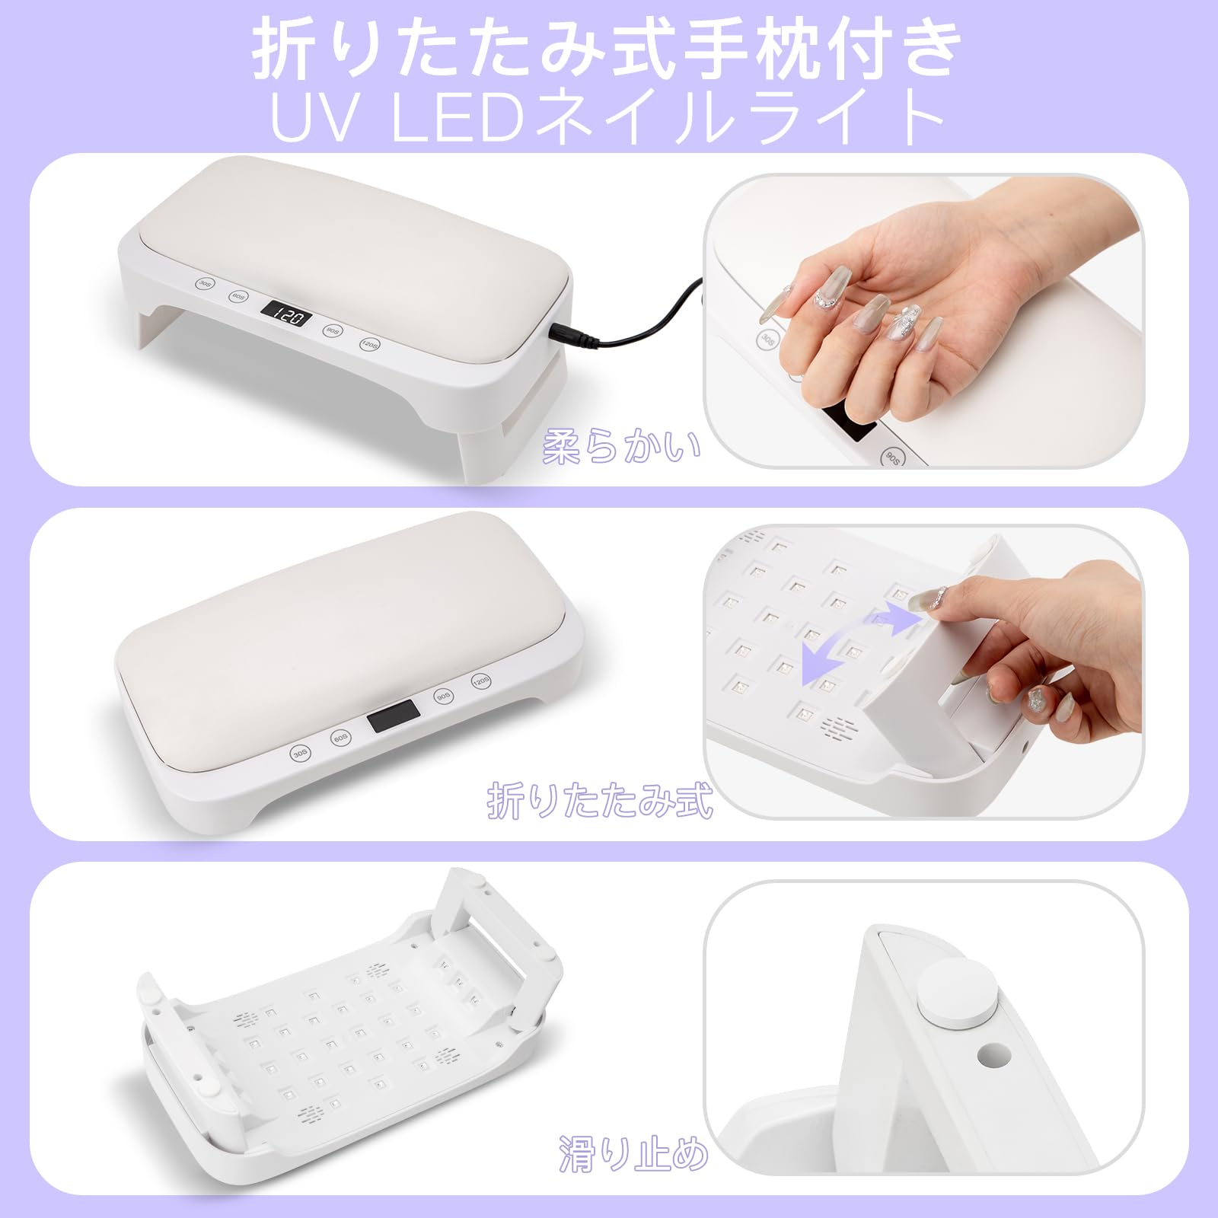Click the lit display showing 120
(286, 313)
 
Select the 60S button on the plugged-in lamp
(238, 296)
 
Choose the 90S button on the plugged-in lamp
(333, 330)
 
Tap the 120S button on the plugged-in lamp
(370, 344)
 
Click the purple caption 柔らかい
(621, 447)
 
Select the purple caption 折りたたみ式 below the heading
(600, 800)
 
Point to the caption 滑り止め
(633, 1153)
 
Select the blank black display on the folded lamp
(393, 716)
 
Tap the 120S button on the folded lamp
(480, 681)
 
